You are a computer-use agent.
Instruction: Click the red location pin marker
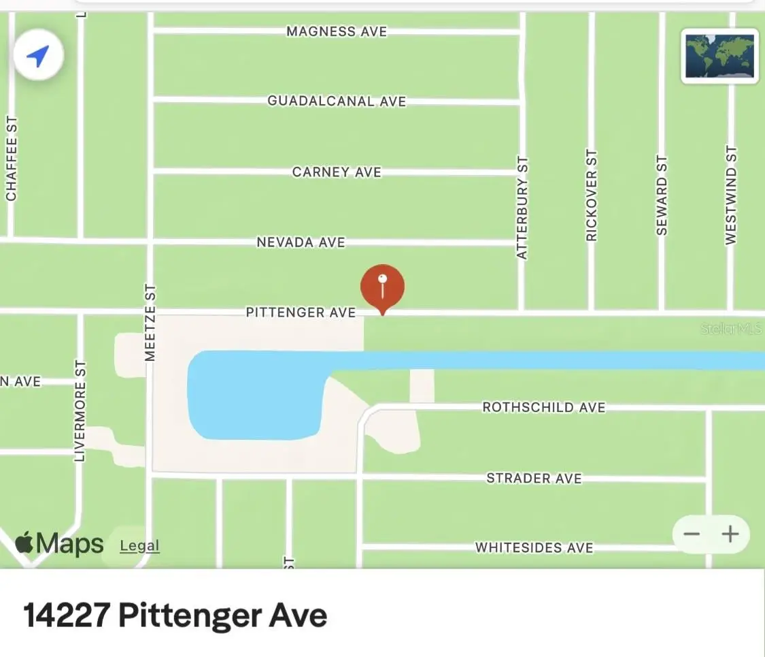tap(382, 286)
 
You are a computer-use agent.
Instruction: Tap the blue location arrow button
tap(38, 56)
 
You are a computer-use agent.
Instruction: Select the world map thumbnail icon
tap(720, 55)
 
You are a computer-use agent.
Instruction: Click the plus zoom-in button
tap(730, 534)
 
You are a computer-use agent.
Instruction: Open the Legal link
tap(139, 545)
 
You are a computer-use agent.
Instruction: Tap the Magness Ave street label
tap(337, 31)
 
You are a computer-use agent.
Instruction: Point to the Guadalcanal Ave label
tap(337, 101)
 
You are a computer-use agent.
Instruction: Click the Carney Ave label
tap(337, 172)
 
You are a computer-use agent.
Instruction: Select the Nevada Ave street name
tap(301, 242)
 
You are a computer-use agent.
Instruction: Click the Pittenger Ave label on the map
tap(301, 313)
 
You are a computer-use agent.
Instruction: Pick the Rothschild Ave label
tap(543, 407)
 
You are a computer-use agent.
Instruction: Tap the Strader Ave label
tap(534, 479)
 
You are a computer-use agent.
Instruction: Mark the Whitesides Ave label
tap(534, 547)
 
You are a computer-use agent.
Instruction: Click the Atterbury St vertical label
tap(522, 208)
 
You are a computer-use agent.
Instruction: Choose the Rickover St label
tap(592, 195)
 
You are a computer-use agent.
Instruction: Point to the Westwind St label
tap(730, 195)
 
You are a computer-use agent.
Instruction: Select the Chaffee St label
tap(11, 159)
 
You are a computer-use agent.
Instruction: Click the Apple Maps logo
tap(60, 543)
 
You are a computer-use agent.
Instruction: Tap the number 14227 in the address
tap(66, 615)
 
